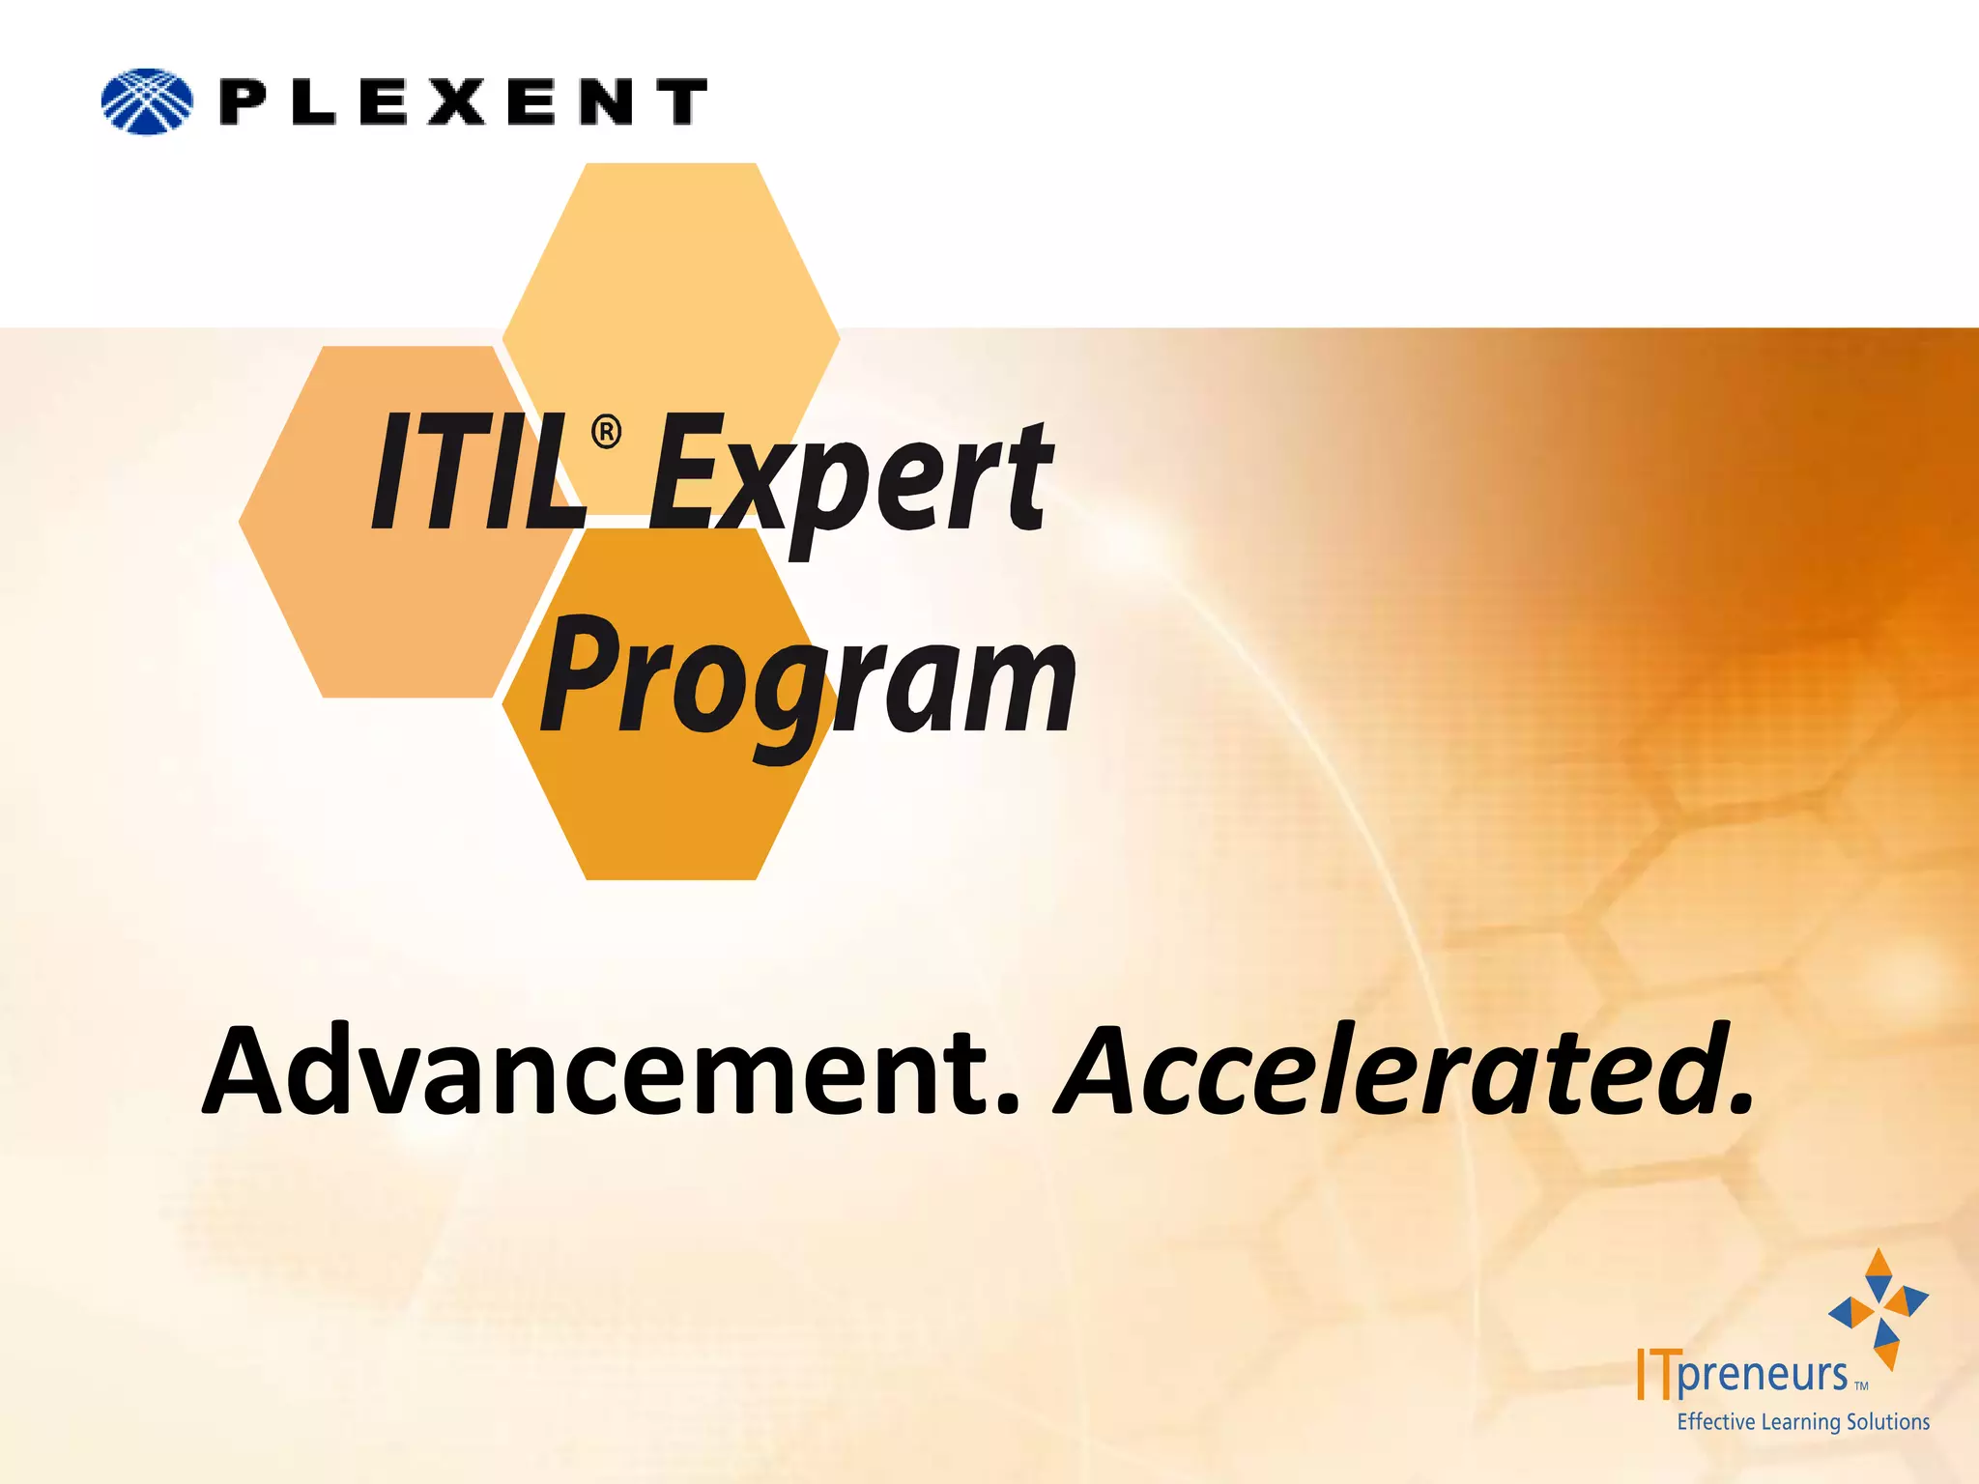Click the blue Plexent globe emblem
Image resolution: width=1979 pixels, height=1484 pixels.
(x=147, y=101)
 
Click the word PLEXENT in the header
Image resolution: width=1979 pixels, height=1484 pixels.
(x=464, y=102)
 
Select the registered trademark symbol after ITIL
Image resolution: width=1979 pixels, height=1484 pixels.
(x=606, y=431)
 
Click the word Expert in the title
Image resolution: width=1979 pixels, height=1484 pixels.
(x=850, y=478)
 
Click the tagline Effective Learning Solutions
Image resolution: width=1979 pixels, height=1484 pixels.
(x=1803, y=1421)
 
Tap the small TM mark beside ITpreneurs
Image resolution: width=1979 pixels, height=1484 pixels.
(x=1861, y=1385)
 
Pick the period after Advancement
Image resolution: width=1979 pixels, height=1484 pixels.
(x=1007, y=1106)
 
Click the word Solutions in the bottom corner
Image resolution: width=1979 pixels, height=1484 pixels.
(x=1888, y=1421)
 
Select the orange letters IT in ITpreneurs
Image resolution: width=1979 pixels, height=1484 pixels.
(x=1654, y=1373)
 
